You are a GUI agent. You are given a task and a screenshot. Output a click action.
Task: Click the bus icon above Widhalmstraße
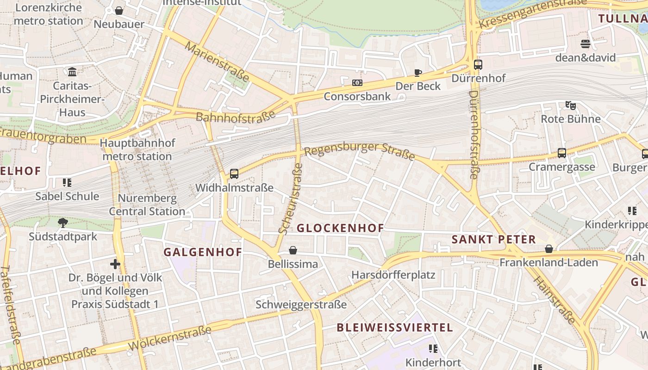click(234, 174)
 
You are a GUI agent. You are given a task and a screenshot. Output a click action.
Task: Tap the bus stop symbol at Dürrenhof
click(478, 65)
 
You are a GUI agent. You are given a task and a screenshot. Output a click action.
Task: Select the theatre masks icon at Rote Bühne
click(571, 105)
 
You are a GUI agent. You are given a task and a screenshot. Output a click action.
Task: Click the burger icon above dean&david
click(586, 44)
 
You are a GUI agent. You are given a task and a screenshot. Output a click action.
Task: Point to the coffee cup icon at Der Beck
click(417, 73)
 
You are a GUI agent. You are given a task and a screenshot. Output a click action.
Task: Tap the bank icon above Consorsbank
click(357, 83)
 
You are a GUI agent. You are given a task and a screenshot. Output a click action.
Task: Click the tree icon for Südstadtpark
click(62, 223)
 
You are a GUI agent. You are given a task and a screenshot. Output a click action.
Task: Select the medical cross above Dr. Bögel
click(115, 264)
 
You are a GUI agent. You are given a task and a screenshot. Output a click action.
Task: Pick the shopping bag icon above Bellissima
click(293, 251)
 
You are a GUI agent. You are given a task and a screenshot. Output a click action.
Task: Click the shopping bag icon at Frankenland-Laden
click(549, 249)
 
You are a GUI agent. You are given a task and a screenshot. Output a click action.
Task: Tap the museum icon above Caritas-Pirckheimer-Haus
click(72, 72)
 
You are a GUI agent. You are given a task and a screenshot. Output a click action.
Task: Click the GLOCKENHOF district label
click(340, 228)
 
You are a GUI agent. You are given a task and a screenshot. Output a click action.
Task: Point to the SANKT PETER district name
click(493, 240)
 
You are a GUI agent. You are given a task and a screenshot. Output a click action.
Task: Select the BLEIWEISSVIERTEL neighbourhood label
click(394, 328)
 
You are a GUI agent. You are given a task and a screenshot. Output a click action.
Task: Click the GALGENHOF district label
click(203, 252)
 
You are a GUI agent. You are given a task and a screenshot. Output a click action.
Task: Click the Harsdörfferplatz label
click(393, 275)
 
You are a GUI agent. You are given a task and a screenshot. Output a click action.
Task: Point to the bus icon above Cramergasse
click(562, 153)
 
